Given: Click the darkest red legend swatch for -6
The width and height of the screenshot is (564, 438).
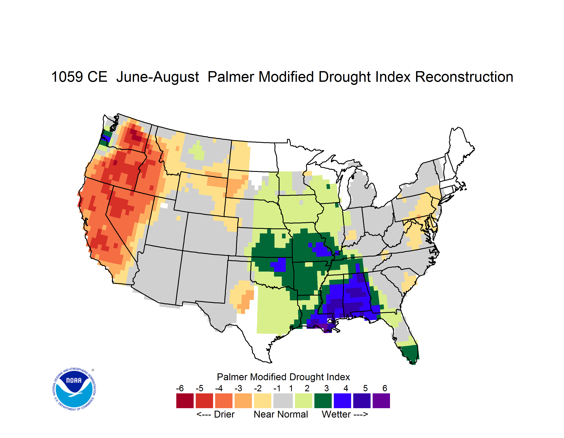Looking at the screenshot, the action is pyautogui.click(x=185, y=401).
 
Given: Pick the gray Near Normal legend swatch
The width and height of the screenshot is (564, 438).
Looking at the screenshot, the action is pyautogui.click(x=283, y=401).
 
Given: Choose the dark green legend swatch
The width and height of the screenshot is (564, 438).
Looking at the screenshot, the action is pyautogui.click(x=323, y=401).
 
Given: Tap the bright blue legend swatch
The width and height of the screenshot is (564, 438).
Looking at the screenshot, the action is pyautogui.click(x=342, y=401).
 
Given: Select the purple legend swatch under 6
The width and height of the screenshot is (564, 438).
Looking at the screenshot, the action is pyautogui.click(x=381, y=401).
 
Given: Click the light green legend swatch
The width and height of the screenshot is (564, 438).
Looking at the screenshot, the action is pyautogui.click(x=304, y=401).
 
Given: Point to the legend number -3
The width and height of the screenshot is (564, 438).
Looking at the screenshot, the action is pyautogui.click(x=238, y=388).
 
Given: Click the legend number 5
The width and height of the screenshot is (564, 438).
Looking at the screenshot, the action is pyautogui.click(x=365, y=388).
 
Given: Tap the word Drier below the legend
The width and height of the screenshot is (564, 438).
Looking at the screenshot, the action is pyautogui.click(x=224, y=414).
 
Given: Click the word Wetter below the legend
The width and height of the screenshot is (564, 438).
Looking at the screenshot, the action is pyautogui.click(x=336, y=414).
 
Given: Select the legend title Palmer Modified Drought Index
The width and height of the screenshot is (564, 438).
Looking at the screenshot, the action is pyautogui.click(x=283, y=377).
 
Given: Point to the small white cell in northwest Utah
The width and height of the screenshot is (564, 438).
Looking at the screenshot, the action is pyautogui.click(x=164, y=205).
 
